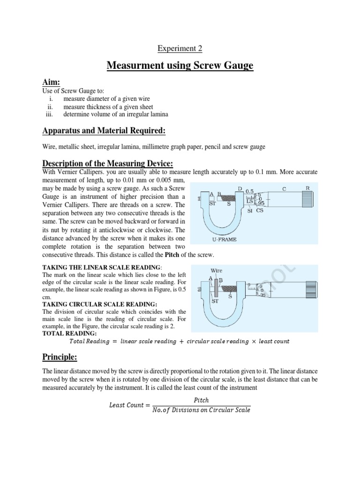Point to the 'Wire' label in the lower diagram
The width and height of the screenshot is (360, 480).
coord(216,270)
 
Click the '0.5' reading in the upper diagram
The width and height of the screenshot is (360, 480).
coord(249,192)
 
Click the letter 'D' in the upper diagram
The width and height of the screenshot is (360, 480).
coord(240,189)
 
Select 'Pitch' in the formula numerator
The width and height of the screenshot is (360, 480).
coord(201,400)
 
